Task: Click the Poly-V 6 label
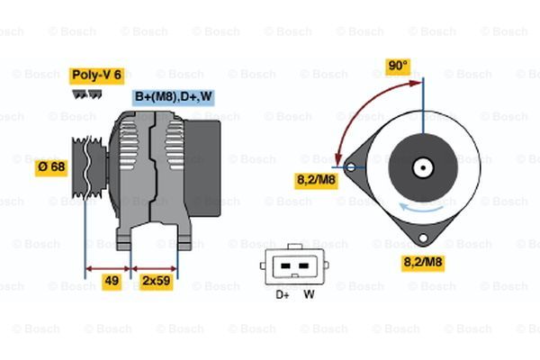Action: coord(97,76)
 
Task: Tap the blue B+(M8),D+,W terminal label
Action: coord(173,97)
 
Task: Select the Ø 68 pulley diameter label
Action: coord(51,167)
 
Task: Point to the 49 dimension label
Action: coord(112,282)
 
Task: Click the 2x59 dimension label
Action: coord(156,282)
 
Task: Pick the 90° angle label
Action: coord(398,67)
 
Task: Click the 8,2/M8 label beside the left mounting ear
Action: coord(316,181)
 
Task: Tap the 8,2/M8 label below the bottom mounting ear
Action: coord(423,263)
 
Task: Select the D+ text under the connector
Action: coord(283,295)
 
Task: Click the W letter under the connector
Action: coord(309,294)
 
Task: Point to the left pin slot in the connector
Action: coord(285,266)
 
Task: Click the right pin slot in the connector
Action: coord(303,266)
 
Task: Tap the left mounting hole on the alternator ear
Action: coord(351,167)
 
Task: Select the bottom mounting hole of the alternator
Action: coord(423,238)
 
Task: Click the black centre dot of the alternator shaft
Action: coord(423,167)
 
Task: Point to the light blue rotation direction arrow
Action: coord(421,207)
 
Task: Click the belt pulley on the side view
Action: coord(89,167)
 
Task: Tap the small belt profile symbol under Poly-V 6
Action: coord(86,94)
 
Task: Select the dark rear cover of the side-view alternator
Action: coord(202,168)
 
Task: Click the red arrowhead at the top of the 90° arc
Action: coord(416,83)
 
